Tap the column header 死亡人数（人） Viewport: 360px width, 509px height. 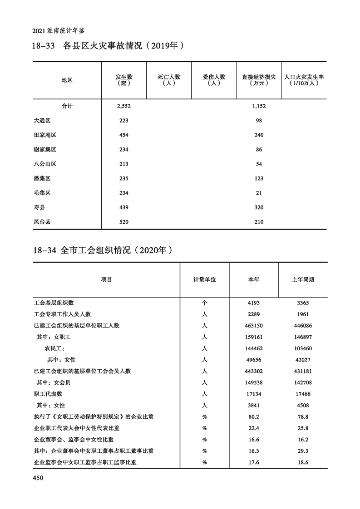point(169,80)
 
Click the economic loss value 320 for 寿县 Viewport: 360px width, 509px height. point(259,208)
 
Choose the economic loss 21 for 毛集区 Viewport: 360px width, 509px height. point(259,193)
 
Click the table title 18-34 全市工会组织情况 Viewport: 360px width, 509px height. point(104,250)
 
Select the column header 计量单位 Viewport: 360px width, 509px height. point(204,279)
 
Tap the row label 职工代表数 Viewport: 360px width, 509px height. point(48,394)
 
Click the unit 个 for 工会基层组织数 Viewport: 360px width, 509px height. point(204,303)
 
